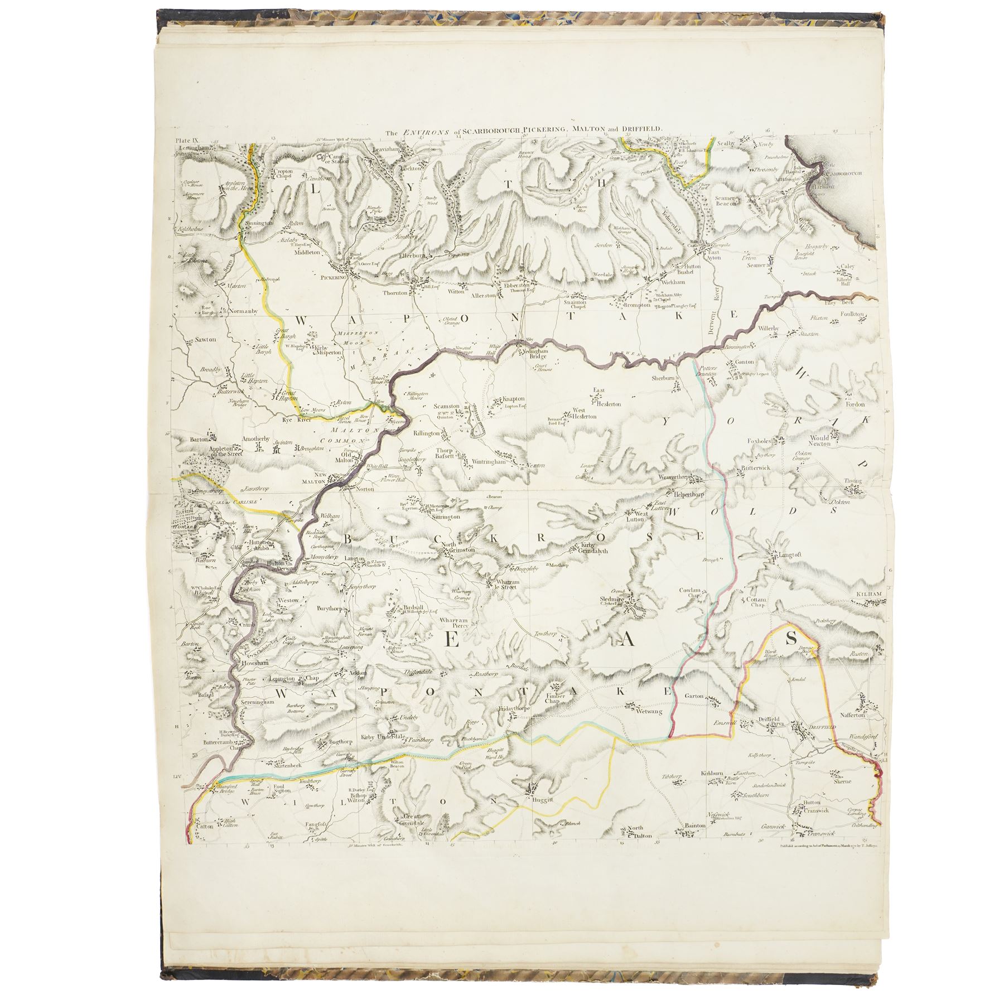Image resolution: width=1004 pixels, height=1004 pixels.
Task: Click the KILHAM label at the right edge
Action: coord(869,595)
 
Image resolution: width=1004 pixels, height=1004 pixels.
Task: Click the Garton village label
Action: coord(694,696)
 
